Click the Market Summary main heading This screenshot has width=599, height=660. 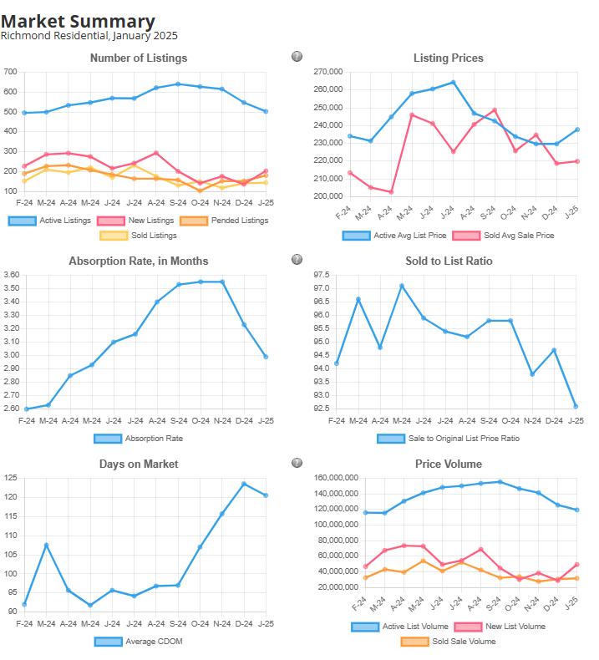click(x=78, y=22)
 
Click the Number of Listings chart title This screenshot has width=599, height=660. click(x=139, y=58)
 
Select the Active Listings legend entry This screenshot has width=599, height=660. click(x=48, y=221)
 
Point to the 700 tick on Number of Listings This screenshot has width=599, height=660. click(x=11, y=72)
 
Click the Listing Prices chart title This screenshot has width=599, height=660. click(x=448, y=58)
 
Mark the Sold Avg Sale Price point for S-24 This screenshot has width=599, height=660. click(x=494, y=110)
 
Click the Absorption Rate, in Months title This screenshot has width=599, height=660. click(x=139, y=261)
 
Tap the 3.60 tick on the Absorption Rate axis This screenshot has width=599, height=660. click(x=11, y=275)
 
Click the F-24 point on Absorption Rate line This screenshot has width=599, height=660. click(x=27, y=409)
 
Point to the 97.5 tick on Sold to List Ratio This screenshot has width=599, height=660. click(x=321, y=275)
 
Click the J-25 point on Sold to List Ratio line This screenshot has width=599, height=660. click(x=576, y=406)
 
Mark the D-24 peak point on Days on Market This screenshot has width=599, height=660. click(x=244, y=484)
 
